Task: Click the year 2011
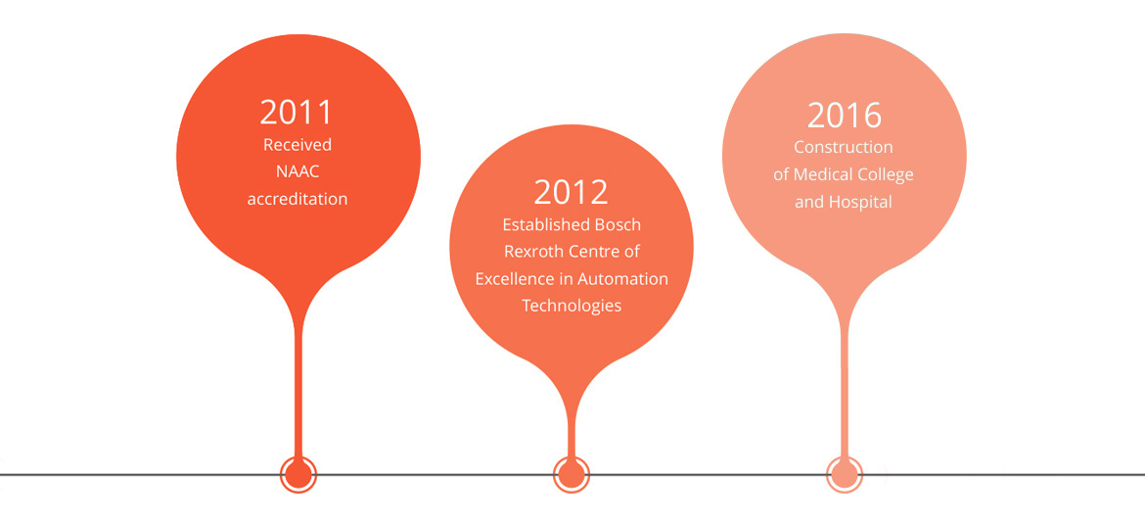(x=297, y=113)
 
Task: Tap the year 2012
(x=572, y=191)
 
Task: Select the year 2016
(x=845, y=116)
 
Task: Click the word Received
(x=298, y=145)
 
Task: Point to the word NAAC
(x=298, y=171)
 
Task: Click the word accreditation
(x=298, y=199)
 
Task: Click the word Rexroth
(x=531, y=252)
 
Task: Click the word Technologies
(x=572, y=306)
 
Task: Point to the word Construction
(x=844, y=148)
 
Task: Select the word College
(x=885, y=175)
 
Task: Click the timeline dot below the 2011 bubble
(x=298, y=475)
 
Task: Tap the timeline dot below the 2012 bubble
(x=572, y=475)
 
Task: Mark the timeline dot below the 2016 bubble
(x=845, y=475)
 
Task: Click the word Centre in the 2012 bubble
(x=594, y=252)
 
